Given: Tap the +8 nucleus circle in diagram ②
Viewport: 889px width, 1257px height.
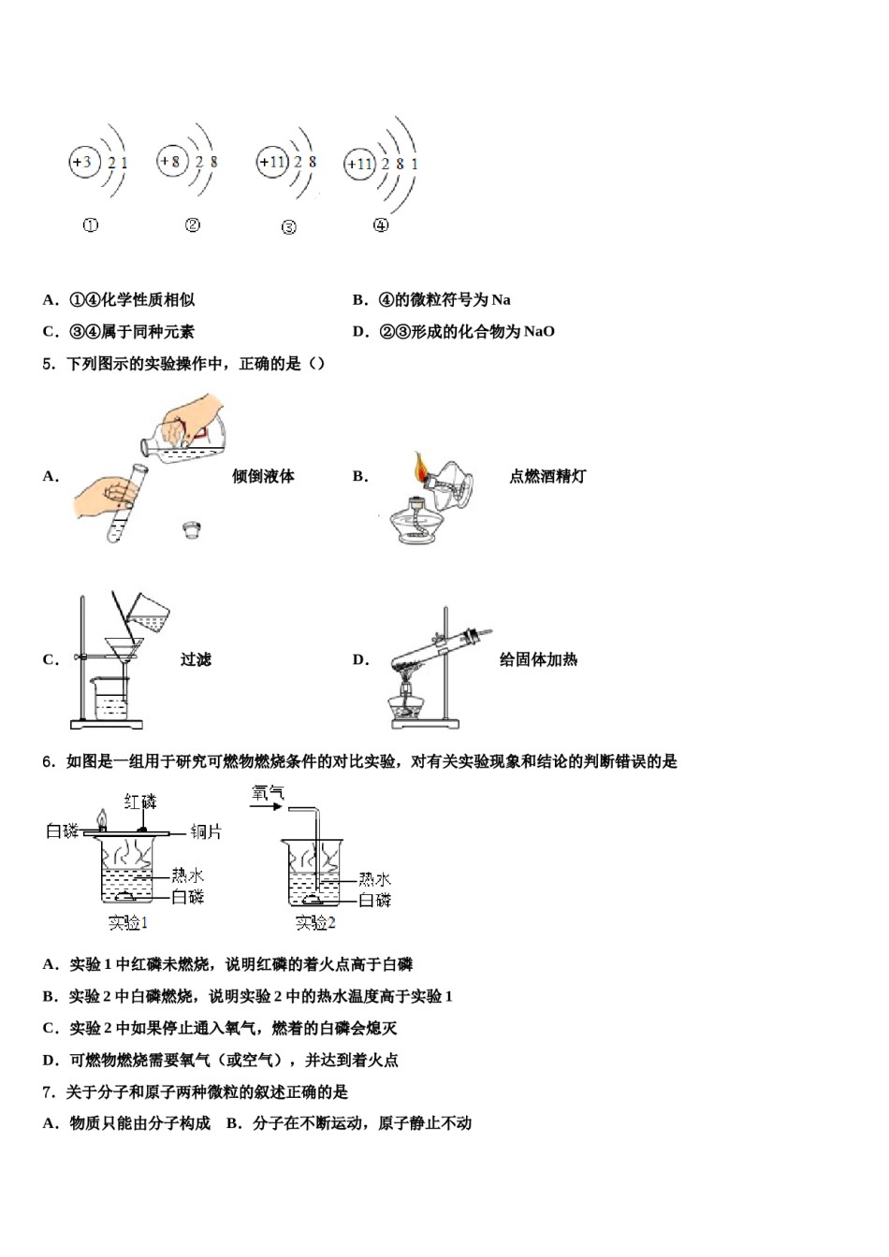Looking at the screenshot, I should [x=171, y=162].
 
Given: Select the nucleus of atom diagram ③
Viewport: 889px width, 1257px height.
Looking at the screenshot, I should [x=271, y=162].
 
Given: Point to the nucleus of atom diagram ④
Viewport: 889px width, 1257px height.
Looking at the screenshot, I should [x=359, y=165].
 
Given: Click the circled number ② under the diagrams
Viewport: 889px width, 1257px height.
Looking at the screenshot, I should [x=193, y=225].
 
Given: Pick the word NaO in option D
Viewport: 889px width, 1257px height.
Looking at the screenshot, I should [x=539, y=331].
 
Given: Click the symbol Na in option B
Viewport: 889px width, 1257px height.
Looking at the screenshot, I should [x=502, y=299].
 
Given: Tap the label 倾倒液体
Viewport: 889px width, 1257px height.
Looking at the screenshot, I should [x=263, y=476].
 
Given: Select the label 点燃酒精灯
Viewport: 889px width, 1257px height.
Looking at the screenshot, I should [x=547, y=476].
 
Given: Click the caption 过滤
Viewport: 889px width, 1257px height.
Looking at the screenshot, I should [x=196, y=659].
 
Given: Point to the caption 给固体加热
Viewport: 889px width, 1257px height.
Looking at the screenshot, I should [x=538, y=659].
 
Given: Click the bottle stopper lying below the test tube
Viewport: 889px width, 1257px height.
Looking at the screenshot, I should [x=194, y=530].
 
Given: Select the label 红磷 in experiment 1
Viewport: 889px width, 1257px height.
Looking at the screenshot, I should [x=140, y=802].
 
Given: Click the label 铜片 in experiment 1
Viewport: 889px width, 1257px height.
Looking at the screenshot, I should [x=206, y=831].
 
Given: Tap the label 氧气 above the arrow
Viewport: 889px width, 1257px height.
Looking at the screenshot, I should [x=268, y=793].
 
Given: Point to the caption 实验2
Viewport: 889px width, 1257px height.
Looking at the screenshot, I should [x=314, y=923].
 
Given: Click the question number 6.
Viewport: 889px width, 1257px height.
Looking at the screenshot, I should [x=49, y=761].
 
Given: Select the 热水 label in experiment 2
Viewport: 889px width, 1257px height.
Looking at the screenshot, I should [x=374, y=879].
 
